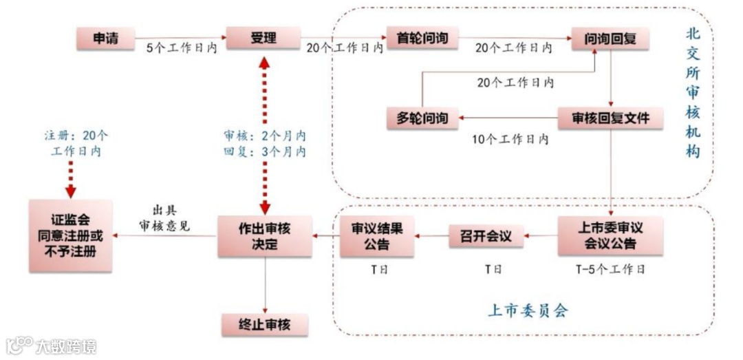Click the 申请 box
pyautogui.click(x=105, y=39)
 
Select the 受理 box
pyautogui.click(x=263, y=39)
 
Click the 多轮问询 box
pyautogui.click(x=422, y=118)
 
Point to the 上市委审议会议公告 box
pyautogui.click(x=610, y=236)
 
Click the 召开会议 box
pyautogui.click(x=486, y=236)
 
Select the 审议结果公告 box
pyautogui.click(x=376, y=236)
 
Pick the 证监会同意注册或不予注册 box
pyautogui.click(x=71, y=236)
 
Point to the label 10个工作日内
pyautogui.click(x=510, y=139)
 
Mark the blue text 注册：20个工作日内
pyautogui.click(x=70, y=143)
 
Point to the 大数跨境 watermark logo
pyautogui.click(x=52, y=346)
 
